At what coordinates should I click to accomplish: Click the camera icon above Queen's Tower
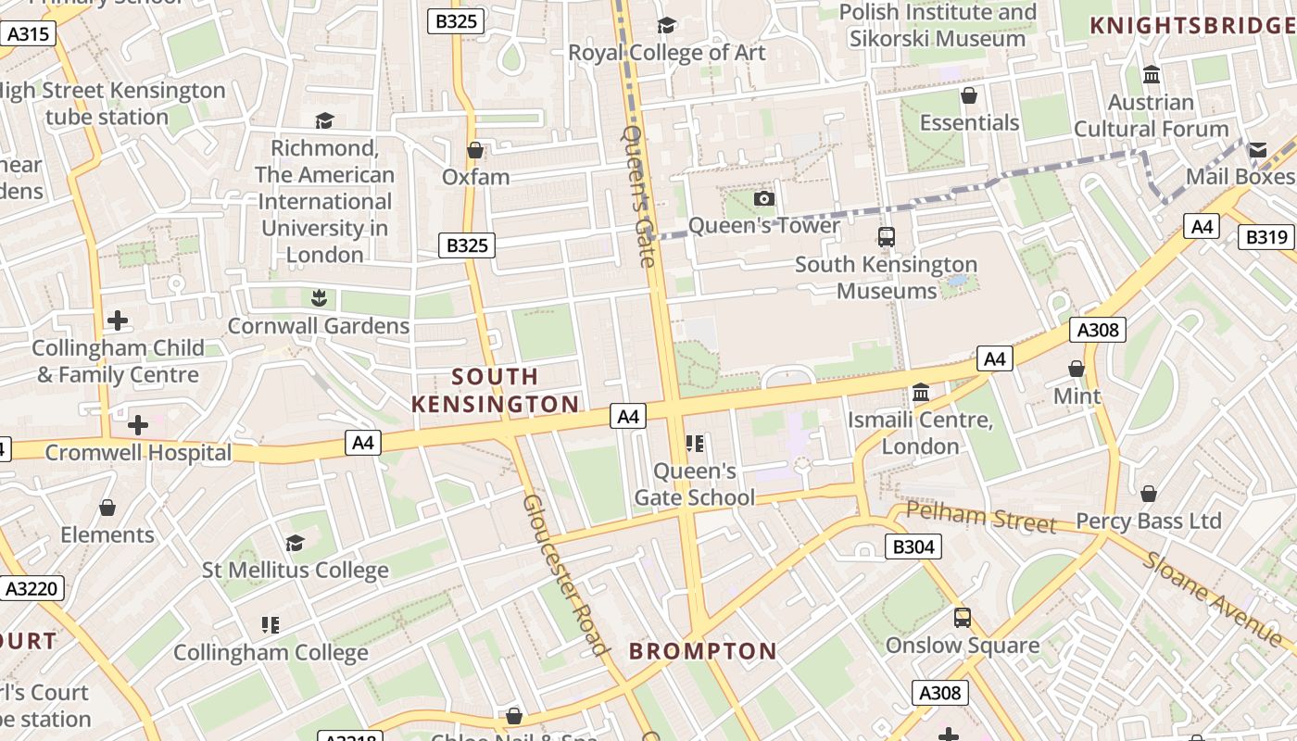point(764,198)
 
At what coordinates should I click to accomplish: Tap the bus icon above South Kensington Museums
point(887,237)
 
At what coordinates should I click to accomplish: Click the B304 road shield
point(913,547)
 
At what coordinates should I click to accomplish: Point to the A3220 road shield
point(31,588)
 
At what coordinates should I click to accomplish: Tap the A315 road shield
point(28,35)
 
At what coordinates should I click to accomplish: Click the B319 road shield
point(1266,237)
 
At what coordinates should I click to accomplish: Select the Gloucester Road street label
point(565,574)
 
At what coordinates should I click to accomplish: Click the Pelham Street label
point(981,518)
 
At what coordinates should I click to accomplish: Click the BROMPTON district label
point(703,651)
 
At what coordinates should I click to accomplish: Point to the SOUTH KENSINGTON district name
point(496,390)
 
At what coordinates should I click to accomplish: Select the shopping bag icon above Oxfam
point(475,150)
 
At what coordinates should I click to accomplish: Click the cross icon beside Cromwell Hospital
point(138,425)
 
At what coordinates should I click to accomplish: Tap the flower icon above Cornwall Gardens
point(320,298)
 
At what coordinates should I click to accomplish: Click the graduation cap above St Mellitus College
point(296,543)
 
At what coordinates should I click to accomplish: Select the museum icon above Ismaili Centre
point(921,394)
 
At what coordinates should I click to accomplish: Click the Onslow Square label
point(963,646)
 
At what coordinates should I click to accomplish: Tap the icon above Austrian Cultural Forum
point(1152,75)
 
